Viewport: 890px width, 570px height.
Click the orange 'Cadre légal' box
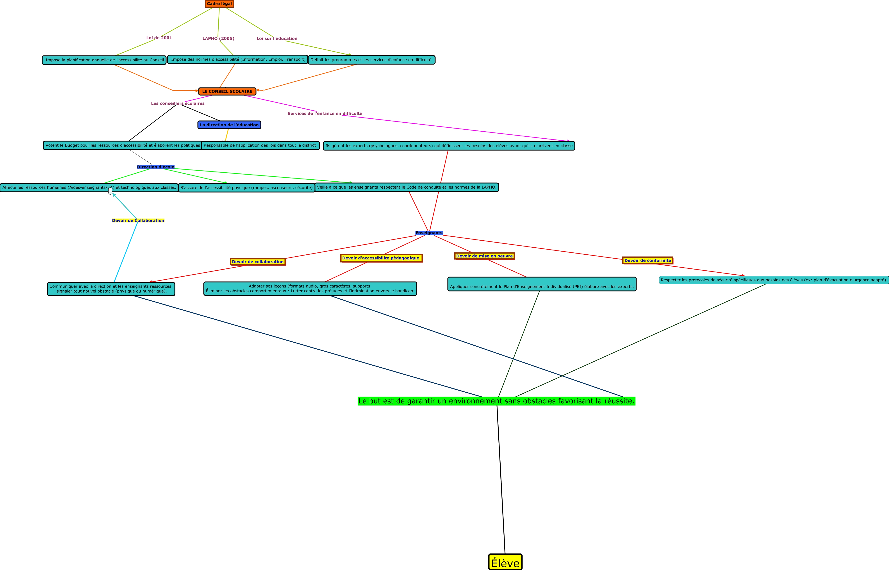pos(219,4)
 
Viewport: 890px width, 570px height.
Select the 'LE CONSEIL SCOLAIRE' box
pos(227,91)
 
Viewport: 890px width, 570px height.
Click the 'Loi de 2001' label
pos(159,38)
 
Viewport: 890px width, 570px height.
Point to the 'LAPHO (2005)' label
pos(218,39)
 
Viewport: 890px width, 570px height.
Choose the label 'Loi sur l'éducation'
pos(277,39)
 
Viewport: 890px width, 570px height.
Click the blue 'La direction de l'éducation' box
pos(229,125)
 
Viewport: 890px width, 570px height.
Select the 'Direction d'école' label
pos(155,167)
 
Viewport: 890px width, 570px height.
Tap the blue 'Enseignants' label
pos(429,233)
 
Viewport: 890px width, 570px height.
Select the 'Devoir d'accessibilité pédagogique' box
pos(381,258)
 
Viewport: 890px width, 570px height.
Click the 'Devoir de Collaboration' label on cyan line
pos(138,221)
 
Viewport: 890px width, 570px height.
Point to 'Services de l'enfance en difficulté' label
pos(325,114)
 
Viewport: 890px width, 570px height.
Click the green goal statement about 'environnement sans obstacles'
pos(496,401)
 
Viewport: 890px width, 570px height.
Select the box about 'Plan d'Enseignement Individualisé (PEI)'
pos(542,284)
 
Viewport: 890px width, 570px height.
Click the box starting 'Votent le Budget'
pos(123,145)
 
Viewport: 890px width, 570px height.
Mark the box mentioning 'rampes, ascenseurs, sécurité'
pos(246,188)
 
